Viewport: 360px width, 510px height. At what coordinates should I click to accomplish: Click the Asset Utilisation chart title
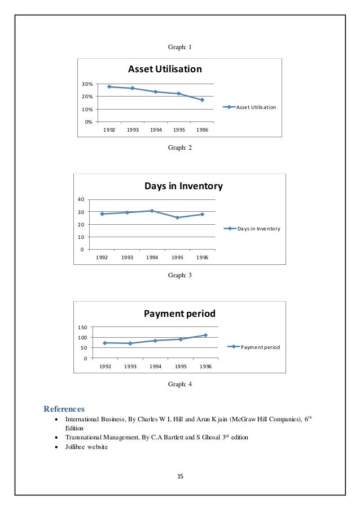[164, 69]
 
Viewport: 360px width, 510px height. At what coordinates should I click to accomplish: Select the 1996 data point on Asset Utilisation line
[202, 100]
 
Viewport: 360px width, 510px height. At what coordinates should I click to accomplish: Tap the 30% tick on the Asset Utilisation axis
[87, 84]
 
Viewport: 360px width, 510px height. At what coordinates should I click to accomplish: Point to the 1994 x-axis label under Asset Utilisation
[156, 129]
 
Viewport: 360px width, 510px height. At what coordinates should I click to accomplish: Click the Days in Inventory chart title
[183, 186]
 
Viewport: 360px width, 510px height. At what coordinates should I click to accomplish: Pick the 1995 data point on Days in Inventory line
[177, 217]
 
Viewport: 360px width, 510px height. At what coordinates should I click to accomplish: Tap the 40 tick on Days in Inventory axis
[81, 199]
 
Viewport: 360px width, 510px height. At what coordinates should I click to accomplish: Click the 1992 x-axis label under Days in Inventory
[102, 258]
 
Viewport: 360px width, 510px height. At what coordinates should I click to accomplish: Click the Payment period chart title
[179, 313]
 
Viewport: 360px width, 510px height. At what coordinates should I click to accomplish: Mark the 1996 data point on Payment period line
[205, 335]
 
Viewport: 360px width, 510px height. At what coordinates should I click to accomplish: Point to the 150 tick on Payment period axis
[81, 328]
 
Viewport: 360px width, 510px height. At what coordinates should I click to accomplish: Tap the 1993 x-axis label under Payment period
[130, 366]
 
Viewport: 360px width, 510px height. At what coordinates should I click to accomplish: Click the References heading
[64, 408]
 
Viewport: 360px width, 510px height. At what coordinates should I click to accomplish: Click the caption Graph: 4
[180, 384]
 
